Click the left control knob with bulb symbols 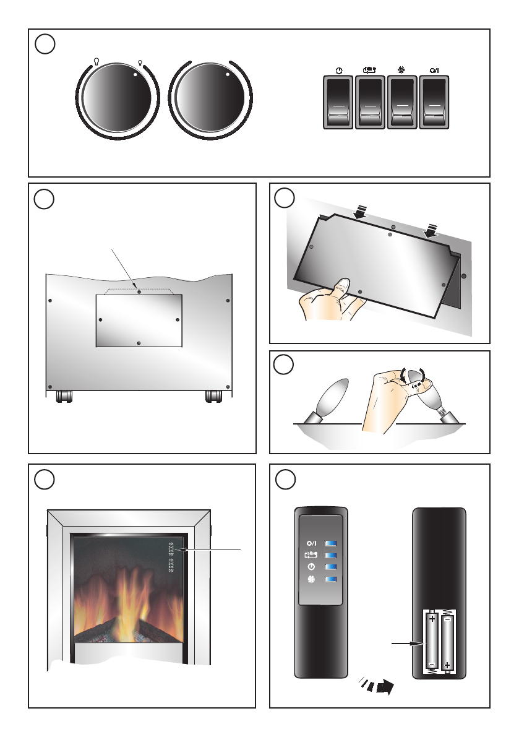tap(117, 100)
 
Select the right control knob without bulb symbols tap(210, 100)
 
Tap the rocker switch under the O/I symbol tap(434, 103)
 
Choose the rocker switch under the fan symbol tap(402, 103)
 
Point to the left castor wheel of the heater tap(64, 395)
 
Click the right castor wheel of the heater tap(214, 395)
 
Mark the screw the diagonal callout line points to tap(139, 291)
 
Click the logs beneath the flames tap(127, 631)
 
